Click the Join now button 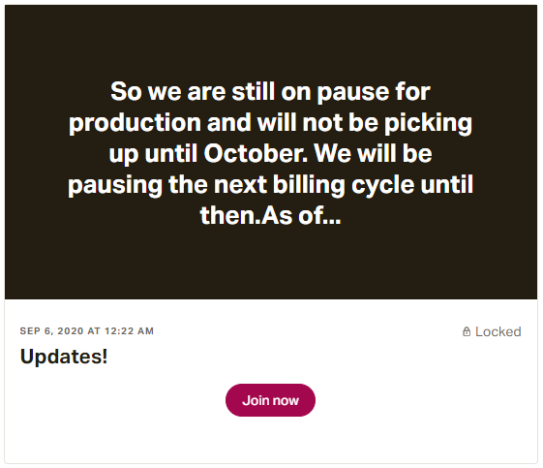click(x=270, y=400)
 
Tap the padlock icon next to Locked click(x=467, y=331)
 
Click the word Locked click(x=498, y=331)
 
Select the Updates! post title click(x=64, y=357)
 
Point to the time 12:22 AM click(x=129, y=331)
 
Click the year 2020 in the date click(x=71, y=331)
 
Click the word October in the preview click(x=256, y=153)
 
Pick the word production click(x=135, y=123)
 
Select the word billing click(x=309, y=185)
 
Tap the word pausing click(x=115, y=185)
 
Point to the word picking click(x=429, y=123)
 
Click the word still click(x=254, y=92)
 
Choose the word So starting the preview click(x=126, y=92)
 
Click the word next click(x=240, y=185)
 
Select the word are click(x=206, y=93)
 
